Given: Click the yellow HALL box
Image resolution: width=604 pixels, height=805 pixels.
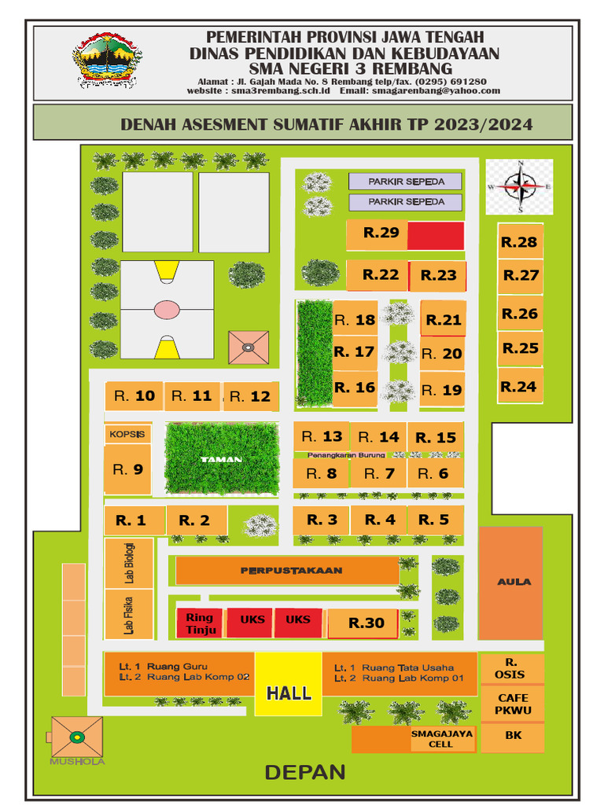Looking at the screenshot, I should (289, 684).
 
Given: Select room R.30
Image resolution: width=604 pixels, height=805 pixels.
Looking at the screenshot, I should (366, 623).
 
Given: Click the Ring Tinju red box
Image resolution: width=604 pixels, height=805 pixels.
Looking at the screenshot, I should (200, 623).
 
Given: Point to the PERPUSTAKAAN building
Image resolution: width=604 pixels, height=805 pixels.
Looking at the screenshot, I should (287, 570).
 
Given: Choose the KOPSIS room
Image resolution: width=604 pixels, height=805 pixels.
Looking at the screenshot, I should (127, 434).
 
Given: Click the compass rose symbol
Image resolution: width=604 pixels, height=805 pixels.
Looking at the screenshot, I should (519, 186).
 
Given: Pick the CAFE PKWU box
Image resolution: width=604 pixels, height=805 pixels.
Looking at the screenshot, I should (513, 704).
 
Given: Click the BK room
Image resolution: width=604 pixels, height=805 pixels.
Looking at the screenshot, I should (513, 737).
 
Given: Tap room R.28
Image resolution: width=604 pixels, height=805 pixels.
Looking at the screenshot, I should (520, 242).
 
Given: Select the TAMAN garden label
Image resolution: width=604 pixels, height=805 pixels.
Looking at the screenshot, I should (221, 460).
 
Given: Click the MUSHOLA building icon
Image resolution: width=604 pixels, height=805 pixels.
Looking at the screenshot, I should (77, 737).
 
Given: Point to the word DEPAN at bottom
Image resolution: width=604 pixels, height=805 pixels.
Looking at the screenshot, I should (305, 772).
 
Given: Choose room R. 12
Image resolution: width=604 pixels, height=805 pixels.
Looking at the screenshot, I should (250, 396).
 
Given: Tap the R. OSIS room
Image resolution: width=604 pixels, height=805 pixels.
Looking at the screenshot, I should (511, 668).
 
